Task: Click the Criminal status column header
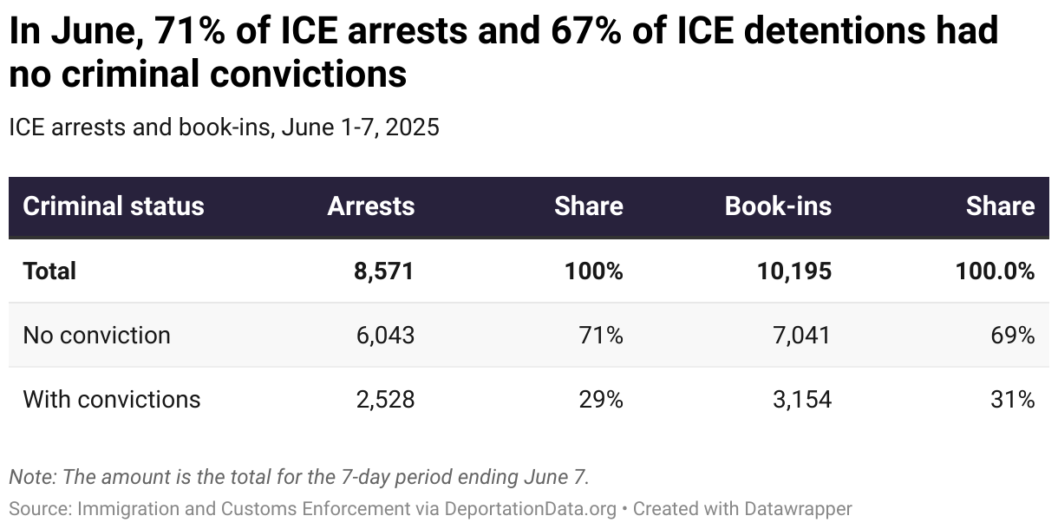point(114,206)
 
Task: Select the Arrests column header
point(370,206)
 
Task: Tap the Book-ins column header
point(777,206)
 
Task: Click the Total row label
point(49,271)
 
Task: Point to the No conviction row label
point(96,335)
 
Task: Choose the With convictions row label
point(111,399)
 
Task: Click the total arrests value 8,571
point(383,271)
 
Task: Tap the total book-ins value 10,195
point(793,271)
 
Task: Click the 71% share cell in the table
point(602,335)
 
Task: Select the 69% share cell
point(1014,335)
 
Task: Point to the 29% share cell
point(602,399)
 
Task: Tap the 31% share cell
point(1014,399)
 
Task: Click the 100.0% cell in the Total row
point(994,271)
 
